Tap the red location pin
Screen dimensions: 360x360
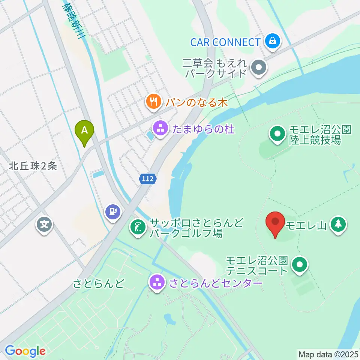coord(275,222)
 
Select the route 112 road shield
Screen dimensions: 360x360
coord(148,179)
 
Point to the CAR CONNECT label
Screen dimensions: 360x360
coord(225,42)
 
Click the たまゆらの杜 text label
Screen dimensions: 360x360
coord(203,130)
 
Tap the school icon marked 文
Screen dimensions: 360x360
coord(45,225)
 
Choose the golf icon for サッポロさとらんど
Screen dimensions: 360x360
coord(138,227)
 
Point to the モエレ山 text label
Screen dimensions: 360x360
coord(307,226)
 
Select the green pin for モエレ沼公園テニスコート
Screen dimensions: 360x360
coord(299,265)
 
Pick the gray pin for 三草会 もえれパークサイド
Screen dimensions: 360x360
coord(259,68)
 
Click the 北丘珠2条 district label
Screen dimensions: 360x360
coord(34,166)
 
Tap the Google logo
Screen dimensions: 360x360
coord(25,351)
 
